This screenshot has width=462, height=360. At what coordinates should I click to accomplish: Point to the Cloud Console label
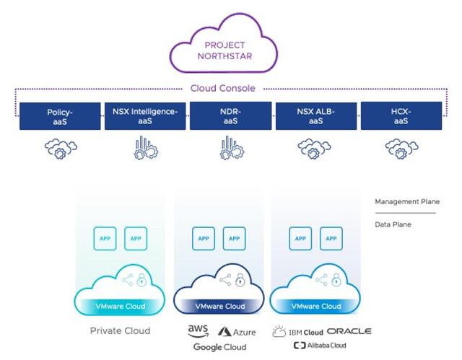coord(229,89)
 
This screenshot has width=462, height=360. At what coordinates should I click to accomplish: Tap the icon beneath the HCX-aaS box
coord(401,149)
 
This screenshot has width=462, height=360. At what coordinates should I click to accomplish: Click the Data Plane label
coord(393,224)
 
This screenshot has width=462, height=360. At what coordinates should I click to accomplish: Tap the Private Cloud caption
coord(121,330)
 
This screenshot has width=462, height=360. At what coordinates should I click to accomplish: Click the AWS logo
coord(198,330)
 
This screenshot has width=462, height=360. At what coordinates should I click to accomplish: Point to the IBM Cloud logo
coord(296,331)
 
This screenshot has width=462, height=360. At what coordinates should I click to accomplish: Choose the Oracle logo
coord(349,331)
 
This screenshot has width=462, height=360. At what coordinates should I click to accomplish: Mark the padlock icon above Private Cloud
coord(143,278)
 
